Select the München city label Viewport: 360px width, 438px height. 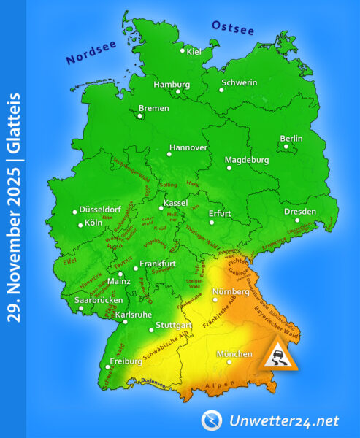click(235, 355)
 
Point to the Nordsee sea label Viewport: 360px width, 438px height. click(91, 51)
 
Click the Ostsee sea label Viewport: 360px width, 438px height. click(233, 28)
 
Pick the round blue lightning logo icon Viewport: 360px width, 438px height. click(212, 420)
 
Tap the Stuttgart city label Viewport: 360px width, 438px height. click(174, 324)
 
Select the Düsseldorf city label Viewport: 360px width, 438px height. click(98, 208)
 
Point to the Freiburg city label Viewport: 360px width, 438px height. click(125, 361)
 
